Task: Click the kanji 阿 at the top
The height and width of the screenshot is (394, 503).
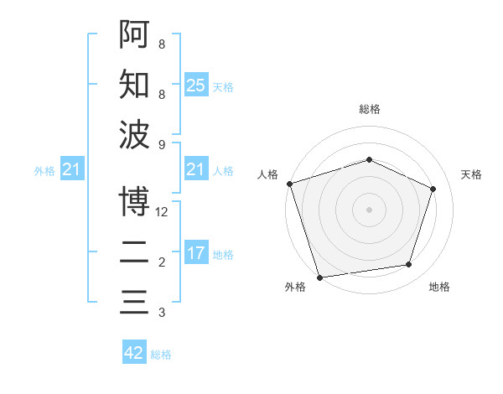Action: (134, 35)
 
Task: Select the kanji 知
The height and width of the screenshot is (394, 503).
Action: (134, 85)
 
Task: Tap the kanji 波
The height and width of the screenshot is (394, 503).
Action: (134, 134)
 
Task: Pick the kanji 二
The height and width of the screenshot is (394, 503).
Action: (134, 251)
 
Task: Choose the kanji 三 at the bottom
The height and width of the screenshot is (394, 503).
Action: (134, 301)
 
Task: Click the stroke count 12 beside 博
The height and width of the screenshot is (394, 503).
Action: (162, 212)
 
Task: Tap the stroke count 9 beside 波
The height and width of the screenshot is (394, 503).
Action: (162, 145)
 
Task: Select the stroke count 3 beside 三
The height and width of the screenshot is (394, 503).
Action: (162, 313)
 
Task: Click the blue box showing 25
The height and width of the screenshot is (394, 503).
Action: (195, 86)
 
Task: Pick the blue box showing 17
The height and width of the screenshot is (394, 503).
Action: (195, 253)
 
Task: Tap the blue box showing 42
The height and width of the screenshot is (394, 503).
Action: (134, 353)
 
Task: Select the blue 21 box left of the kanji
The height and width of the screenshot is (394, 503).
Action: (71, 170)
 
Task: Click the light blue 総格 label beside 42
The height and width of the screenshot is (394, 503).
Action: (161, 355)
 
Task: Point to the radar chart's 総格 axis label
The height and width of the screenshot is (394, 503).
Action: (370, 109)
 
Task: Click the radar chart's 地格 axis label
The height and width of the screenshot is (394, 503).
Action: (439, 288)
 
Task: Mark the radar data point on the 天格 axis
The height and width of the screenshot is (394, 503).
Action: (433, 189)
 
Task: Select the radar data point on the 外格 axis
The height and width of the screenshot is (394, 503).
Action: (320, 277)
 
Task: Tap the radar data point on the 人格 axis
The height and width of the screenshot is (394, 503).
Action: (289, 184)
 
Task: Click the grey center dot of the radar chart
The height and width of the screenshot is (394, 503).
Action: (369, 209)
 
